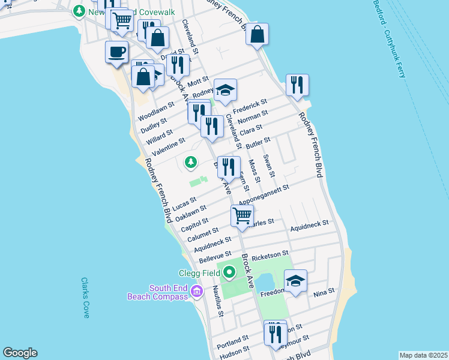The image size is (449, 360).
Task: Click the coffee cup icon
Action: coord(116,51)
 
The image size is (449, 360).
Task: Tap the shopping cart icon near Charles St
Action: coord(242,215)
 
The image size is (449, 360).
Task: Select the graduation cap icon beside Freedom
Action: coord(295,281)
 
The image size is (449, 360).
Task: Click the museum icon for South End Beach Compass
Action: coord(196,292)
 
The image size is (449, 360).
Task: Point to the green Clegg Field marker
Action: coord(229,274)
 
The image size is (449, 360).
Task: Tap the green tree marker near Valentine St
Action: coord(191,162)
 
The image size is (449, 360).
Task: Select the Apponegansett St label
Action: coord(264,195)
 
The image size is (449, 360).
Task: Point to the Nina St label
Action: coord(324,294)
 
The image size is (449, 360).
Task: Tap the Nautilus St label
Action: coord(218,301)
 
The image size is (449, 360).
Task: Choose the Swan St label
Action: coord(269,166)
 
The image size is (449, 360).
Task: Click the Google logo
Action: coord(20,353)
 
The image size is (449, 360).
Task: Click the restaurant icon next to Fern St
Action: coord(229,167)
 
